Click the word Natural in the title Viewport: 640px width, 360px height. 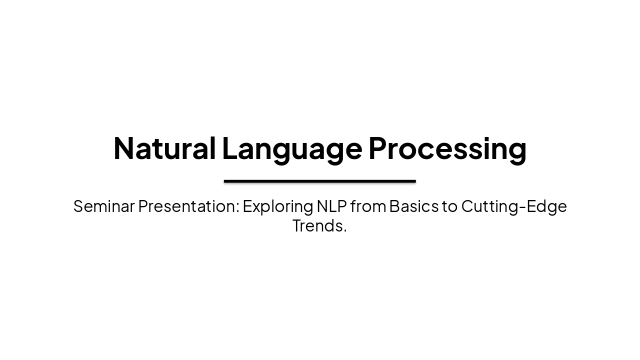pos(164,148)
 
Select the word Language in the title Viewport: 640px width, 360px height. pos(292,148)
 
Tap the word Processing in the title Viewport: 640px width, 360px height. pos(447,148)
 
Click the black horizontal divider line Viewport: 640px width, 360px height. pos(320,181)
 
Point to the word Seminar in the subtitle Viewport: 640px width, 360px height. pos(104,206)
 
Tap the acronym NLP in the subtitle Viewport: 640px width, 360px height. pos(331,206)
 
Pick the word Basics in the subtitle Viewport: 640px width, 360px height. pos(413,206)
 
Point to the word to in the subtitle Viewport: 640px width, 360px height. pos(449,206)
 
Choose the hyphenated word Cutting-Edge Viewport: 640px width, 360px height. pos(514,206)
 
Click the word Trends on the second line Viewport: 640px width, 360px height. pos(317,225)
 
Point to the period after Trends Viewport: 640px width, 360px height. pos(345,231)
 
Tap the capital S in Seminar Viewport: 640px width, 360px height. pos(78,206)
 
